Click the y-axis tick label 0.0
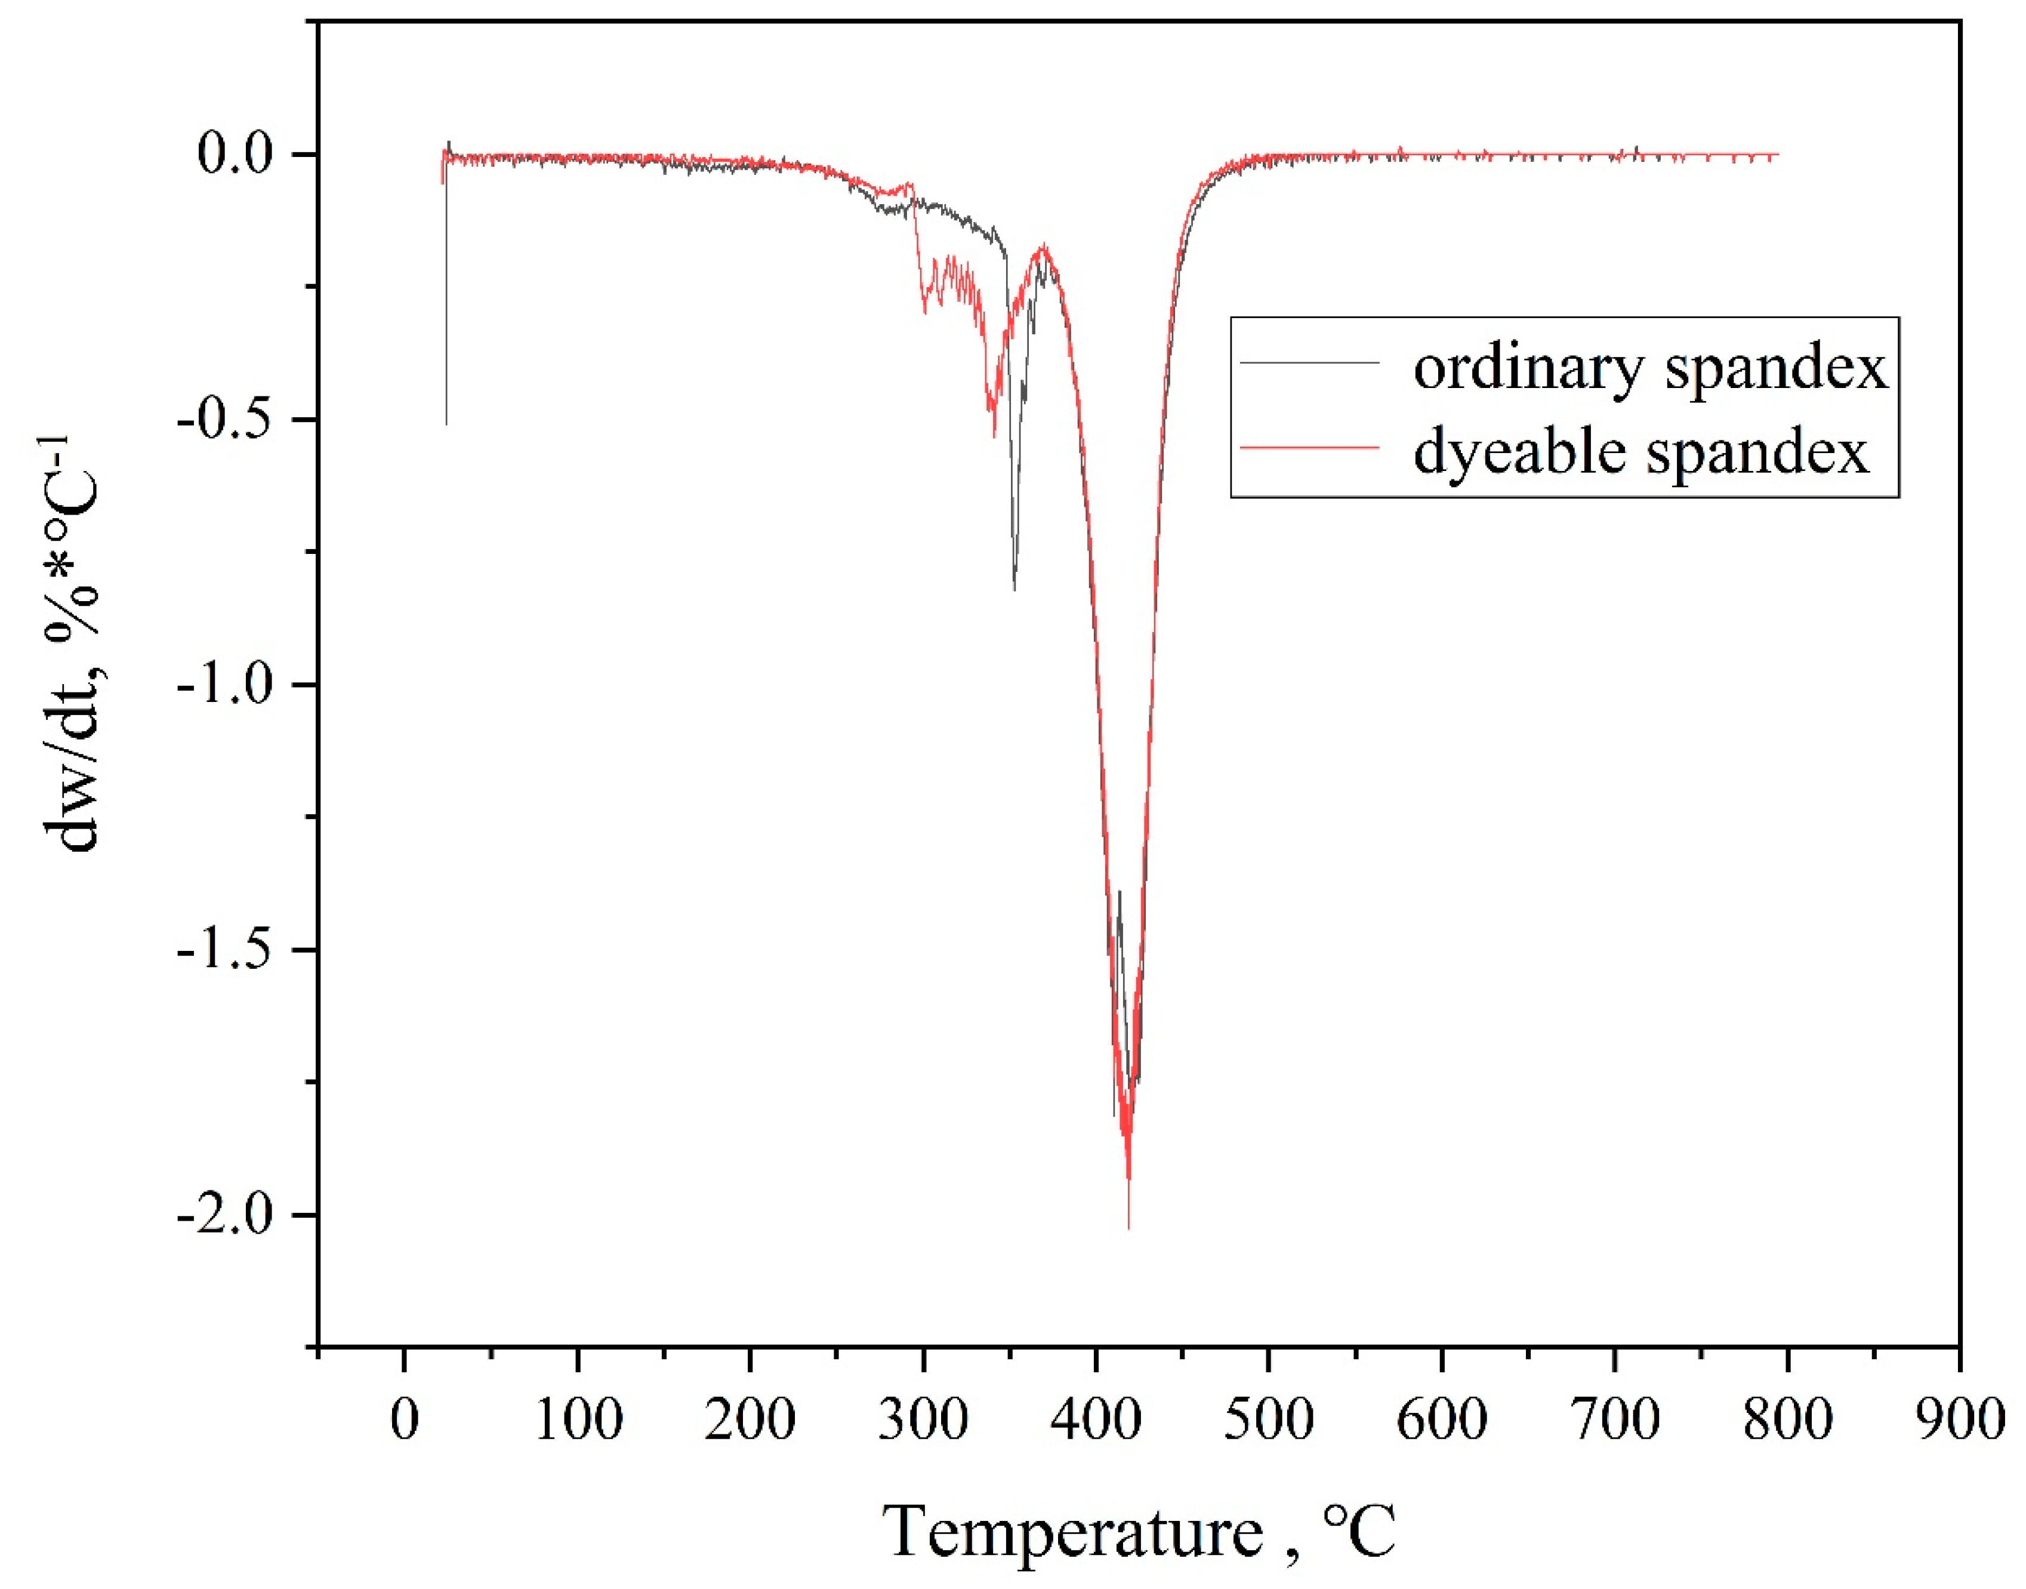[x=235, y=153]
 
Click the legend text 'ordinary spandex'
[x=1650, y=368]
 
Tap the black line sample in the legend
[x=1310, y=362]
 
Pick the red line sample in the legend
[x=1310, y=448]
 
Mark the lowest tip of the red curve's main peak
[x=1128, y=1228]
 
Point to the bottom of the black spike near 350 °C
[x=1014, y=590]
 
